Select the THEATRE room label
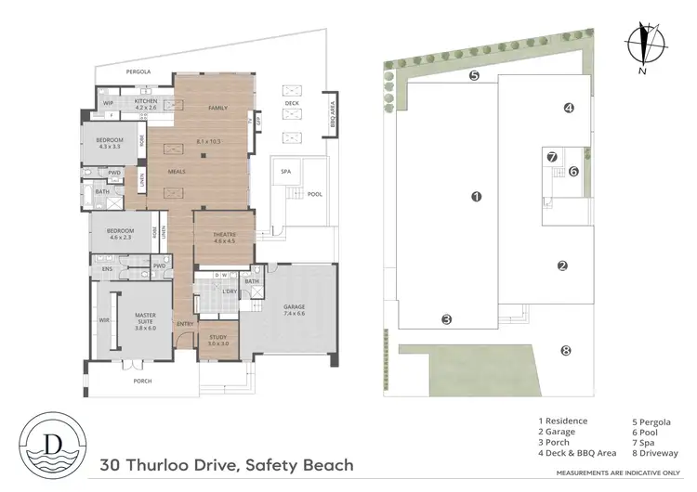[224, 237]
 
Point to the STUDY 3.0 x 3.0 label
[218, 340]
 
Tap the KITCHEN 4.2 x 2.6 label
[146, 104]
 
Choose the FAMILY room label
[217, 108]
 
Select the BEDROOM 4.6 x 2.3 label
[120, 233]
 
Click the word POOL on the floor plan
[314, 195]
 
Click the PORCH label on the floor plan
[142, 381]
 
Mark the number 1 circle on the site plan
[475, 197]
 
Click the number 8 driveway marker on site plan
[564, 350]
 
